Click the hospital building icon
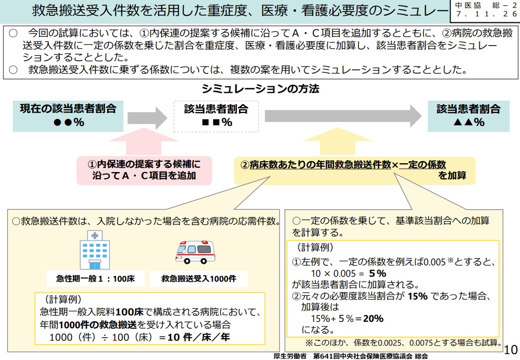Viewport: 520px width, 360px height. (x=94, y=250)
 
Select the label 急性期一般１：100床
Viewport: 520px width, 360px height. (x=93, y=279)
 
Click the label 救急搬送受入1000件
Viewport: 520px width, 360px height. (x=198, y=279)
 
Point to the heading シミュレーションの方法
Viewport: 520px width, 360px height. (x=260, y=90)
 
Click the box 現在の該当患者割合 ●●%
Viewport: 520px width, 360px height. (x=68, y=115)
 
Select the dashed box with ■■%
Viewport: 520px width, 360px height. (x=216, y=116)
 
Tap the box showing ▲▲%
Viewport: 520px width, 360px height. (x=468, y=116)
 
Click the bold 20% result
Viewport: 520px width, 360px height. (x=374, y=319)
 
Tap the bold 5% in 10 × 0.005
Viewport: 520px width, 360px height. (x=378, y=273)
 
